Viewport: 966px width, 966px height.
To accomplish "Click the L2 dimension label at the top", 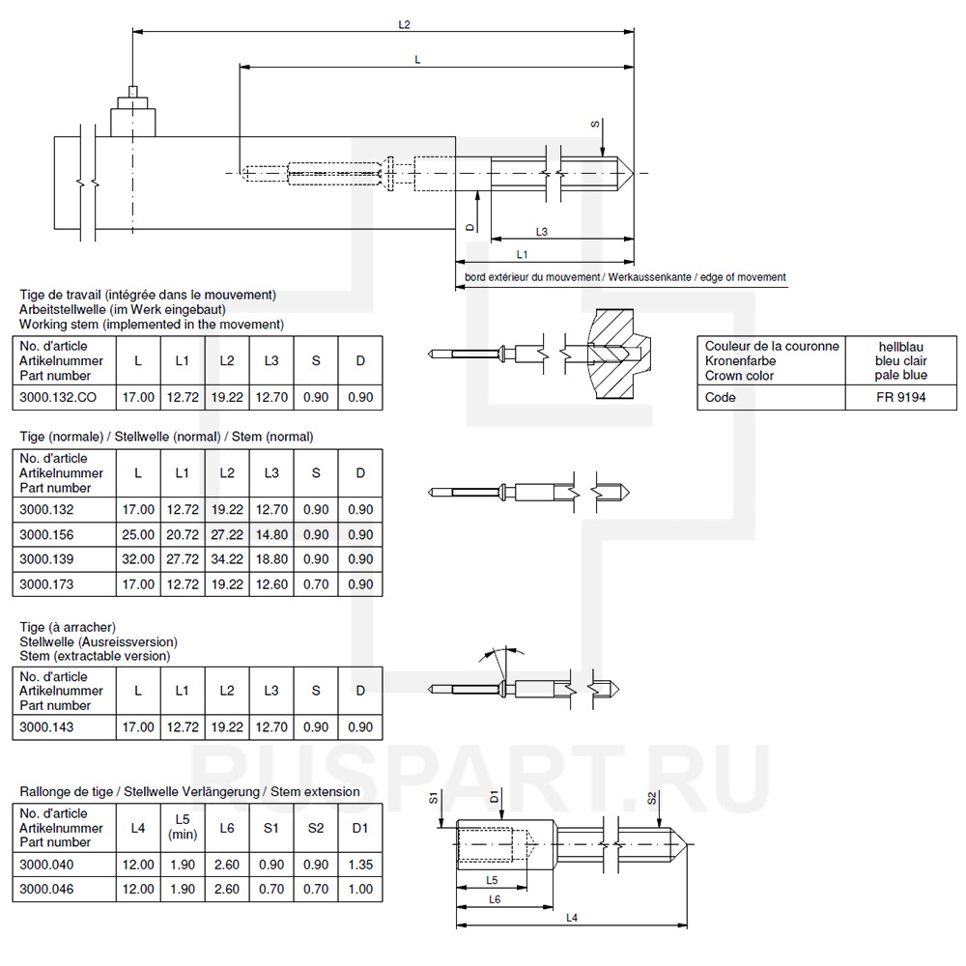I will (x=405, y=23).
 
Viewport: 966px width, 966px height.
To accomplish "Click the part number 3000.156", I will (x=46, y=534).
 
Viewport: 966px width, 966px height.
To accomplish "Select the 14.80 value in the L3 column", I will (x=271, y=534).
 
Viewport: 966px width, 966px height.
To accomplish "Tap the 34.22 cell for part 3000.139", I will (x=227, y=559).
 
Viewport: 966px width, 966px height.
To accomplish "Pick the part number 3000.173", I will (x=46, y=584).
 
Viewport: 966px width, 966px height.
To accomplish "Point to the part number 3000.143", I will (x=46, y=727).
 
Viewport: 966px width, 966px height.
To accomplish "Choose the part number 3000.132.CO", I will (x=56, y=397).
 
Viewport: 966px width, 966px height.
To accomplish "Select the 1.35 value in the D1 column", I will (x=360, y=864).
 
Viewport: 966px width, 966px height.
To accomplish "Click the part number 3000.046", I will (x=46, y=889).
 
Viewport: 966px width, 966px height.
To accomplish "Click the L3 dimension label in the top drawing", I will (x=542, y=232).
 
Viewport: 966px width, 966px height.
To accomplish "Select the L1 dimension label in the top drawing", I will (x=523, y=253).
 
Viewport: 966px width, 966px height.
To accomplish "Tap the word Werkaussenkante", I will (x=654, y=277).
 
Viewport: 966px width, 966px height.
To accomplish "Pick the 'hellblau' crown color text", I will (x=903, y=346).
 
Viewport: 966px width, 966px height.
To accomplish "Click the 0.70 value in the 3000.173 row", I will (x=316, y=584).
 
